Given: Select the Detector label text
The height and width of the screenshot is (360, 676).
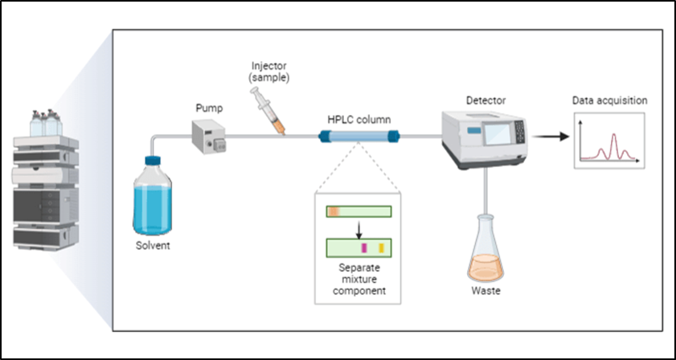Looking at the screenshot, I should coord(485,100).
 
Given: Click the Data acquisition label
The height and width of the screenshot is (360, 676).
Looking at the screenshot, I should coord(609,101).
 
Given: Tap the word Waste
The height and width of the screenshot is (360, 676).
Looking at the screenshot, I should coord(486,290).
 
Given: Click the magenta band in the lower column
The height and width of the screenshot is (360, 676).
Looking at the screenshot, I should coord(364,247).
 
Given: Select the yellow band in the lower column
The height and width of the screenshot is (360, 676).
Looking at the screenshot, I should coord(382,247).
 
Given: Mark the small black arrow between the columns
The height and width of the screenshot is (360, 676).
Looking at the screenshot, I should coord(358,228).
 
